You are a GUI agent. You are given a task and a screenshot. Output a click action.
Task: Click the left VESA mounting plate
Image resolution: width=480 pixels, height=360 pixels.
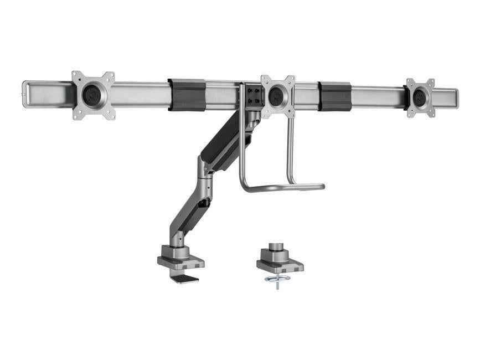pos(94,95)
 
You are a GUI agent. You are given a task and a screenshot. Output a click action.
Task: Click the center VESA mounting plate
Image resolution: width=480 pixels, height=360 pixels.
pos(277,96)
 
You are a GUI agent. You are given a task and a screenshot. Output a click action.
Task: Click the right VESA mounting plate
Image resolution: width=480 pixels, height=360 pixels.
pos(420,97)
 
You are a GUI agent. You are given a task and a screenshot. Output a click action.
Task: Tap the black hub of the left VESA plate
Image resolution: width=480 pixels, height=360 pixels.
pos(92,94)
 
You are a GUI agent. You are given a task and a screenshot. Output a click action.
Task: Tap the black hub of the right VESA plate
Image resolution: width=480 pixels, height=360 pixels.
pos(419,98)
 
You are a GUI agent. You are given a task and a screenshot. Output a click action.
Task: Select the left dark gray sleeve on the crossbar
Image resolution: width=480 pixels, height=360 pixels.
pos(187,95)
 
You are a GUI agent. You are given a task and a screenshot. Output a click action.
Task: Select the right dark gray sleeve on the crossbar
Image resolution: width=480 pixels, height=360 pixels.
pos(334,96)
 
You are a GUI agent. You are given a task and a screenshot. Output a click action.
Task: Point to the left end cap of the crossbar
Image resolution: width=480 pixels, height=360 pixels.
pos(25,94)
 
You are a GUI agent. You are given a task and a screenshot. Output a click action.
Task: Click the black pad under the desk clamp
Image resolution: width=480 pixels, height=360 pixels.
pos(184,278)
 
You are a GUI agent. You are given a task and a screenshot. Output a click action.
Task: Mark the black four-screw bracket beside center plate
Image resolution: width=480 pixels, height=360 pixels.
pos(254,95)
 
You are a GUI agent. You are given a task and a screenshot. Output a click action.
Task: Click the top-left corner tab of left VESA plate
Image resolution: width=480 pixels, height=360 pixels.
pos(77,76)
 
